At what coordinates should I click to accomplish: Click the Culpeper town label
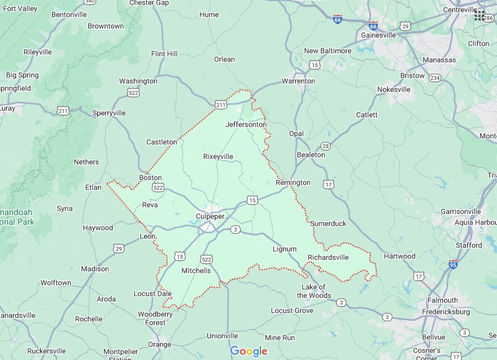coord(210,216)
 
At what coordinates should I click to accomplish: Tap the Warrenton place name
coord(298,81)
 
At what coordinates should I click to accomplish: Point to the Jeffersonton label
coord(245,124)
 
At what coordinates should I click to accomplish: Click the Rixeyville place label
coord(218,156)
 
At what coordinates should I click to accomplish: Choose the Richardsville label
coord(328,257)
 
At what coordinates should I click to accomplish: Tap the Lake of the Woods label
coord(314,291)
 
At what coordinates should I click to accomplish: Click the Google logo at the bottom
coord(248,352)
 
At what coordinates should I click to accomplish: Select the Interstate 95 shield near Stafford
coord(453,264)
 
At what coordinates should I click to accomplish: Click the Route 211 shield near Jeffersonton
coord(221,106)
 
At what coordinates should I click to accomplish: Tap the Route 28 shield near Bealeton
coord(325,146)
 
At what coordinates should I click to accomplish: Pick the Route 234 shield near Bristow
coord(435,77)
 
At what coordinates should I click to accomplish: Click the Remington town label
coord(293,182)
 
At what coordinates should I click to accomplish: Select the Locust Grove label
coord(292,310)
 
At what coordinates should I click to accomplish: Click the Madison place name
coord(95,269)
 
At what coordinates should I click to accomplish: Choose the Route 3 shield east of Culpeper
coord(235,229)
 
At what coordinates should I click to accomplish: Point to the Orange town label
coord(160,345)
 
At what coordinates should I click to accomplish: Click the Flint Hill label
coord(164,54)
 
